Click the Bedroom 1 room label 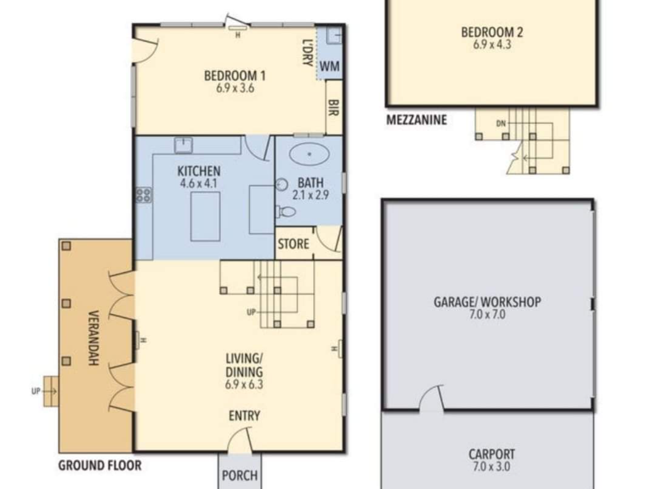point(235,76)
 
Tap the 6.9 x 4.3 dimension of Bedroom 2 point(492,44)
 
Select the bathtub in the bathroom point(309,154)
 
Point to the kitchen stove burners point(144,195)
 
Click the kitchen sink point(184,145)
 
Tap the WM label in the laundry point(330,66)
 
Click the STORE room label point(293,244)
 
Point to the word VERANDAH point(94,338)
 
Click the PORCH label point(239,475)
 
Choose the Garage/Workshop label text point(487,302)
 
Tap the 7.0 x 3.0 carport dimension point(492,466)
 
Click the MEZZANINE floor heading point(417,120)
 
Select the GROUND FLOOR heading point(100,465)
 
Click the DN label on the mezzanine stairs point(501,123)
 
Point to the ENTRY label point(244,416)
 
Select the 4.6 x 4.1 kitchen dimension point(199,183)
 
